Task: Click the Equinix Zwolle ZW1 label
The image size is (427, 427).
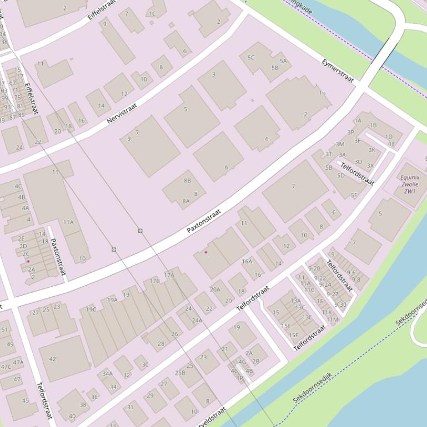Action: tap(410, 184)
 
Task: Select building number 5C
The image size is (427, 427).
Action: tap(251, 57)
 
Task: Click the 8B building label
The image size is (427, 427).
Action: tap(187, 180)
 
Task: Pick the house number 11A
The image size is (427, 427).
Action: tap(68, 222)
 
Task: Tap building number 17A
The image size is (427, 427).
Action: tap(169, 275)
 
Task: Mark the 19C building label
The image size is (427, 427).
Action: tap(91, 309)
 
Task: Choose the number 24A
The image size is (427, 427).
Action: tap(197, 320)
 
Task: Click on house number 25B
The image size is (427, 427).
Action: tap(180, 373)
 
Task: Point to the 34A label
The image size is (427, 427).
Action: tap(108, 374)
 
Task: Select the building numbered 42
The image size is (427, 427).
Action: tap(53, 359)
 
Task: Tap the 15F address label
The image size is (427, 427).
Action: tap(293, 335)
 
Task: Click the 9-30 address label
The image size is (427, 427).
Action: tap(340, 304)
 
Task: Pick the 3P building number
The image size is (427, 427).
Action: tap(350, 133)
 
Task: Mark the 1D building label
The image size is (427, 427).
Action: tap(389, 136)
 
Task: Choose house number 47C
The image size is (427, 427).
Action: tap(6, 367)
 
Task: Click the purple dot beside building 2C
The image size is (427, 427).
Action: tap(28, 261)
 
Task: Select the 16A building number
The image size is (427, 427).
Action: tap(247, 261)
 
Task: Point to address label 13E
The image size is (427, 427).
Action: tap(307, 317)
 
